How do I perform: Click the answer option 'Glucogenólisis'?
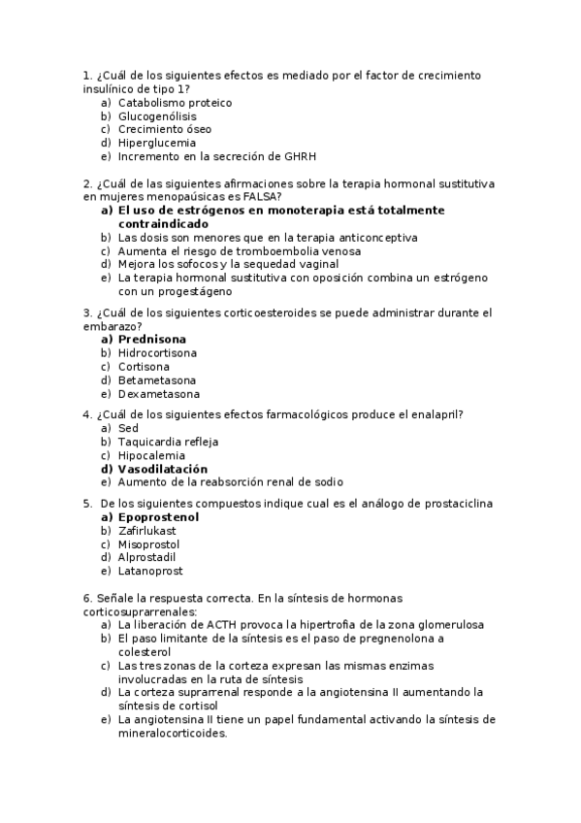(157, 115)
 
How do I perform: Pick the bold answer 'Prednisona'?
(151, 340)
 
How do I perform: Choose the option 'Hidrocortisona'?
(158, 353)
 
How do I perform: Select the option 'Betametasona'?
(157, 380)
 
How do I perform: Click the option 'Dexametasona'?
(159, 394)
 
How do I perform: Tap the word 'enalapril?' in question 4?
(432, 414)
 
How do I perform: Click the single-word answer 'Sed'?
(128, 428)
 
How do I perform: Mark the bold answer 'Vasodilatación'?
(163, 469)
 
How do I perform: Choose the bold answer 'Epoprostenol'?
(158, 517)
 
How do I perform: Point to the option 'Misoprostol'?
(149, 544)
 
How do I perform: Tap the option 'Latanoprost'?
(149, 572)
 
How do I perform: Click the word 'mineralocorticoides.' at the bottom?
(172, 734)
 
